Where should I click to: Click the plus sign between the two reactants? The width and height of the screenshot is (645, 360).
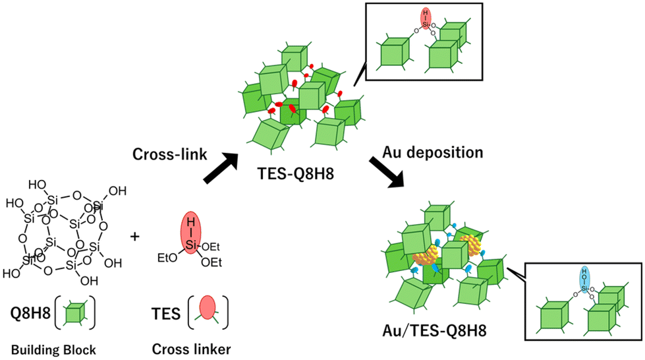[135, 235]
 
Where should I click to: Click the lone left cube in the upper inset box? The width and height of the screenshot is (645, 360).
[393, 52]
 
